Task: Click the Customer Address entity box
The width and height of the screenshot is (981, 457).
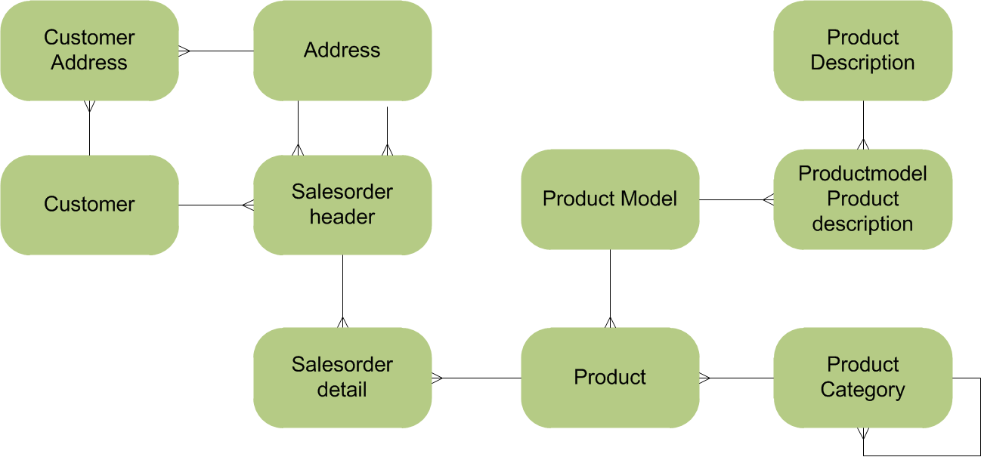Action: point(89,51)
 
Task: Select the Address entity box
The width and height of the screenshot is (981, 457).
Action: point(342,51)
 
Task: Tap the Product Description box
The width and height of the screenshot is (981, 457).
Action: point(863,51)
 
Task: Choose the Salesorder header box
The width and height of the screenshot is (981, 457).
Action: point(342,205)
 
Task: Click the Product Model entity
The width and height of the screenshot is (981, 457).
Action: point(610,199)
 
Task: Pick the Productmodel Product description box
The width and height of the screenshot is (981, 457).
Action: point(863,199)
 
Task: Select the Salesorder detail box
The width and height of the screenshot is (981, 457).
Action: point(342,378)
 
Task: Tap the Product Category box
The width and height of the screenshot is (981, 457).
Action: point(863,378)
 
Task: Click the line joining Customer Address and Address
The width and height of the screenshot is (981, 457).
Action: point(216,51)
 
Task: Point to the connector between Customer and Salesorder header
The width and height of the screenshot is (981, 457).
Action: point(216,205)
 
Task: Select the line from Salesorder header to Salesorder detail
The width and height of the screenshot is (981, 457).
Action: point(342,292)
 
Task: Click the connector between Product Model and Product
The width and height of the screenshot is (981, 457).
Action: point(610,289)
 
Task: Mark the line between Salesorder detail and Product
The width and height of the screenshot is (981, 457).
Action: point(476,378)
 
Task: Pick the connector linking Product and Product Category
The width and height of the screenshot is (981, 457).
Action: point(737,378)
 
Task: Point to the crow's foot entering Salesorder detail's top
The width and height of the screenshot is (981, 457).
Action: point(342,323)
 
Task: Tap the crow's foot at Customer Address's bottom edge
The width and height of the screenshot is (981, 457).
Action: point(89,107)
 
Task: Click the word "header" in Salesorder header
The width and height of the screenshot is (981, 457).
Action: point(342,217)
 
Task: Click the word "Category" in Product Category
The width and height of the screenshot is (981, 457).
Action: point(862,390)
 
